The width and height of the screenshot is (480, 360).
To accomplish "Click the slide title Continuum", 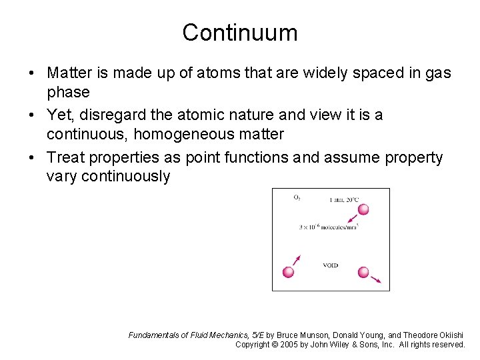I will [240, 32].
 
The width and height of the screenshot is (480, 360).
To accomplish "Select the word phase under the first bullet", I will [68, 92].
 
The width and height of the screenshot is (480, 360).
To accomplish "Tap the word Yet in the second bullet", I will [61, 115].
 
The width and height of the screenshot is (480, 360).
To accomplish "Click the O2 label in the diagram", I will [297, 198].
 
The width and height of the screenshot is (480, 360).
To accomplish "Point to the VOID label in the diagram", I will [330, 265].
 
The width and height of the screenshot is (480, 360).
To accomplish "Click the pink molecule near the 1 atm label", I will [363, 210].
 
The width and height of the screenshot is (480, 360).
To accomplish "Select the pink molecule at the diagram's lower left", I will [289, 272].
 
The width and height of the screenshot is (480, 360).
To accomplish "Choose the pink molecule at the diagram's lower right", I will [363, 272].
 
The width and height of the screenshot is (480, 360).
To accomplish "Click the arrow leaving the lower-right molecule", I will [376, 280].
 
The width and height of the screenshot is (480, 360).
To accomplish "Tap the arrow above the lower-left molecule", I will [297, 260].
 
